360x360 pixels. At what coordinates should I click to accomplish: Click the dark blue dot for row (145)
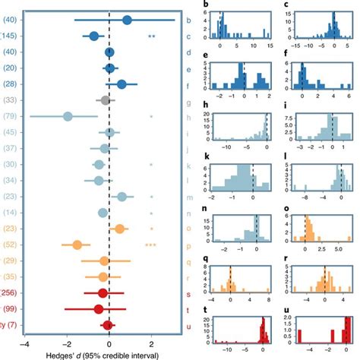coord(93,36)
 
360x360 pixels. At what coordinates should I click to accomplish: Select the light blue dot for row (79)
coord(68,116)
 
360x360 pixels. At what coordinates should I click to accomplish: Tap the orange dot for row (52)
coord(77,245)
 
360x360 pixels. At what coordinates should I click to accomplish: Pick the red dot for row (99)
coord(98,309)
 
